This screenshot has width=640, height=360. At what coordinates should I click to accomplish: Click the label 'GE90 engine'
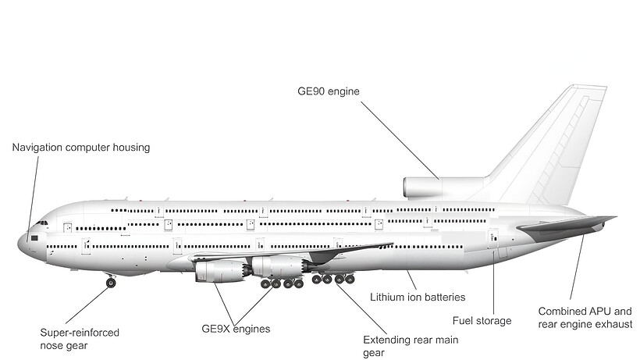[328, 91]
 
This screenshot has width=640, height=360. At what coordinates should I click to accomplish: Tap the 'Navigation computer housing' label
[81, 147]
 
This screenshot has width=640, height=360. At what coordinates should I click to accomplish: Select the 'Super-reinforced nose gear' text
[80, 338]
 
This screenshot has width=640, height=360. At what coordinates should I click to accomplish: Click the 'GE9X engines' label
[236, 329]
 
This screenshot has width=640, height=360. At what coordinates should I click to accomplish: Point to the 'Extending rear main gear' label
[411, 346]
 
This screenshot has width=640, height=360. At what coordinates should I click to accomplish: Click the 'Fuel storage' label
[482, 320]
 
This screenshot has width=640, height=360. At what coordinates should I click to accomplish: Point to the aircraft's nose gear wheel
[111, 283]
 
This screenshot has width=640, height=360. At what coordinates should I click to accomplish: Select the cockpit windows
[39, 223]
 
